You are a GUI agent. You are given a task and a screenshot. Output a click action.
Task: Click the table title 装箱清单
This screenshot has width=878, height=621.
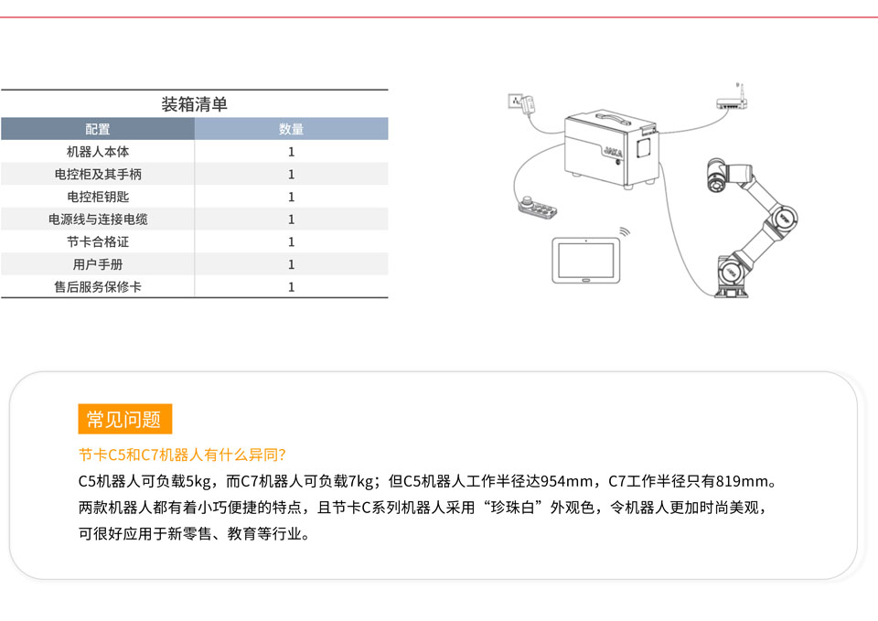[x=194, y=104]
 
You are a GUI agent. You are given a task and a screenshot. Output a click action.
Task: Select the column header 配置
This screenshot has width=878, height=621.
[x=98, y=129]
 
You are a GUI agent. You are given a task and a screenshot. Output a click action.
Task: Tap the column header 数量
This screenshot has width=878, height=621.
[x=291, y=129]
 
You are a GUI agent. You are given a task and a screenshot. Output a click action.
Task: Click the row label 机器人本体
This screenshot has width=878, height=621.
[x=98, y=152]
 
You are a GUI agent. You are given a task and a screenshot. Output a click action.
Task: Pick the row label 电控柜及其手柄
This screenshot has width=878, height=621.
[x=98, y=174]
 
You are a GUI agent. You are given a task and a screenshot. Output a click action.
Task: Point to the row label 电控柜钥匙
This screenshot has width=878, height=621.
[x=98, y=197]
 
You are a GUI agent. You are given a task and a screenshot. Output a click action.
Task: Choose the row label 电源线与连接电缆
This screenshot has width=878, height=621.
[x=98, y=219]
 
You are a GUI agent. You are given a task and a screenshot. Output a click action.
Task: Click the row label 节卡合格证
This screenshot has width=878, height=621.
[x=98, y=241]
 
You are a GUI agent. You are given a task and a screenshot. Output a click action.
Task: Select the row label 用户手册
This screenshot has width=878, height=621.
[x=98, y=264]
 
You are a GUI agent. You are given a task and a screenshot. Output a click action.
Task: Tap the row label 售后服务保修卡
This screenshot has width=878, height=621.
[x=98, y=286]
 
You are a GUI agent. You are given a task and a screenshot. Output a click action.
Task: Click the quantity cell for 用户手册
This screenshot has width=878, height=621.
[x=291, y=264]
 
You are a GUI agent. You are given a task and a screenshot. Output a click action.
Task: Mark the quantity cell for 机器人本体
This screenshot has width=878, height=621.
[x=291, y=152]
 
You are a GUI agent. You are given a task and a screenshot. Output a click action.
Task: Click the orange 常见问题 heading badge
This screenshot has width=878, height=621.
[x=125, y=419]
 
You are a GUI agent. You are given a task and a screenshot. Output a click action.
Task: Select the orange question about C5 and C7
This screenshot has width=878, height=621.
[x=183, y=455]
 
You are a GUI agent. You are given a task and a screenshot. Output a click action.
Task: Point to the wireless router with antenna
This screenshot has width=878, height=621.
[x=732, y=98]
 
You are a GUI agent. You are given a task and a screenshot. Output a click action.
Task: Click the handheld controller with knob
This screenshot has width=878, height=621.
[x=537, y=207]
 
